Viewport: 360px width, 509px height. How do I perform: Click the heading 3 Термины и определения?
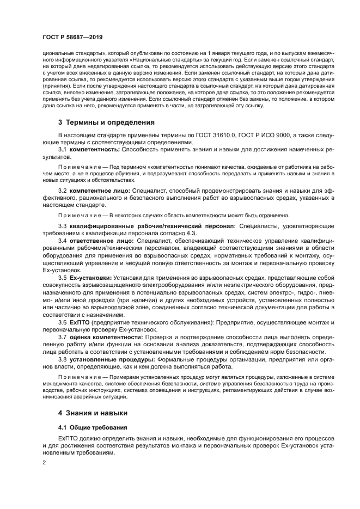pyautogui.click(x=107, y=122)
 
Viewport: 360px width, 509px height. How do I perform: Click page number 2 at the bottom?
pyautogui.click(x=44, y=463)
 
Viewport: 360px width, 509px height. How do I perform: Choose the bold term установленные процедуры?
pyautogui.click(x=113, y=359)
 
